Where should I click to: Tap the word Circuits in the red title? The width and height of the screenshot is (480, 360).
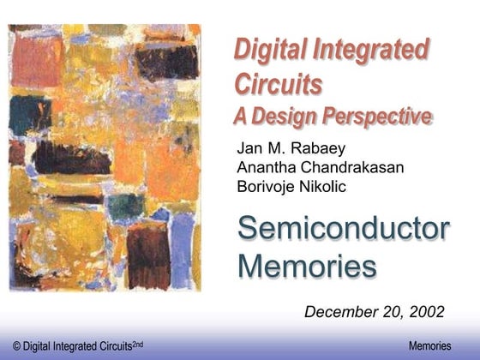coord(278,84)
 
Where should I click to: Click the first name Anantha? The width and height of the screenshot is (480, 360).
coord(264,166)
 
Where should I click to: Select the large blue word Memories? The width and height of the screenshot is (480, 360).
coord(306,266)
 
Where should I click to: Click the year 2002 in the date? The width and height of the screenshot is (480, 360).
coord(427,310)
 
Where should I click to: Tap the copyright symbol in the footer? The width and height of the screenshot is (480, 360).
coord(6,345)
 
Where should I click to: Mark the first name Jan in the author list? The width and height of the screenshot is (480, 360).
coord(248,147)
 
